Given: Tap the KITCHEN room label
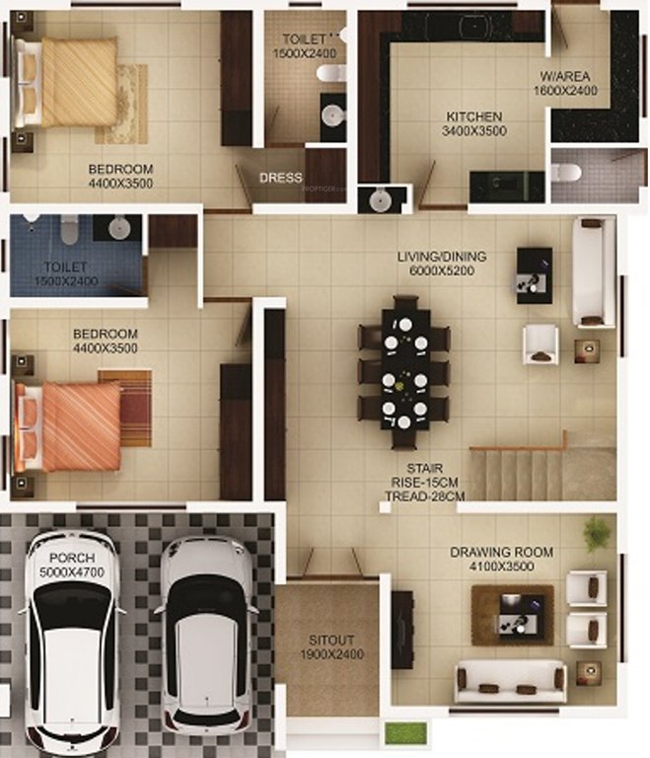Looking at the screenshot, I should click(x=474, y=115).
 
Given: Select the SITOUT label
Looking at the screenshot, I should click(x=331, y=640).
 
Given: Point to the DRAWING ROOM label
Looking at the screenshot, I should click(x=501, y=552).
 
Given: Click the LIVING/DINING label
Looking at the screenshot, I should click(x=435, y=257).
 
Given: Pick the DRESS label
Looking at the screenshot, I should click(x=280, y=179).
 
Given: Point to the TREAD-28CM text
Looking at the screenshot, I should click(x=425, y=496).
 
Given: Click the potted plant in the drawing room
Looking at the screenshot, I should click(x=595, y=534).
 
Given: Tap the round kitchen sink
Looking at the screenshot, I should click(x=379, y=200).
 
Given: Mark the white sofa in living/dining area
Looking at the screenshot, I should click(x=593, y=271).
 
